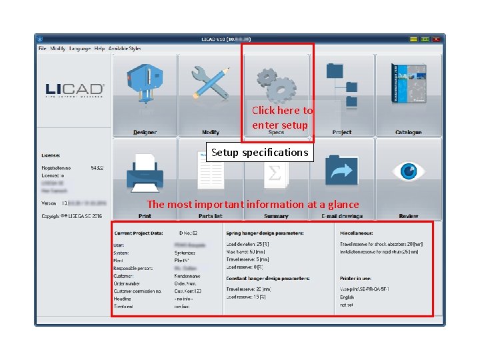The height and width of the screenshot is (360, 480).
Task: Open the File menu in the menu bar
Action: [x=42, y=49]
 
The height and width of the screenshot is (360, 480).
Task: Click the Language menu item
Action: [x=80, y=49]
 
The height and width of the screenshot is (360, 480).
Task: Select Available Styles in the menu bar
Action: [x=125, y=49]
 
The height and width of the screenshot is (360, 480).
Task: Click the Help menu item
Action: [x=99, y=49]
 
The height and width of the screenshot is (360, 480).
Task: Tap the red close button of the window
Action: [x=436, y=39]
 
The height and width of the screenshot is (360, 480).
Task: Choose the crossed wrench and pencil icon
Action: [x=211, y=83]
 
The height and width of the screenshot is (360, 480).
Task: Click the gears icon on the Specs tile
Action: [x=276, y=84]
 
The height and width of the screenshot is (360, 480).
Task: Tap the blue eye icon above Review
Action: [x=408, y=171]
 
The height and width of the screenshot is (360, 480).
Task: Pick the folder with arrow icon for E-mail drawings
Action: [x=342, y=171]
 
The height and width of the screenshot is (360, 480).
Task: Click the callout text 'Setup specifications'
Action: [x=259, y=153]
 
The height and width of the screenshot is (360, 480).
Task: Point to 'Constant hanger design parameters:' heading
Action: [x=267, y=278]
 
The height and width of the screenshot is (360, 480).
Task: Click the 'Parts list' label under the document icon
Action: [x=210, y=216]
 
